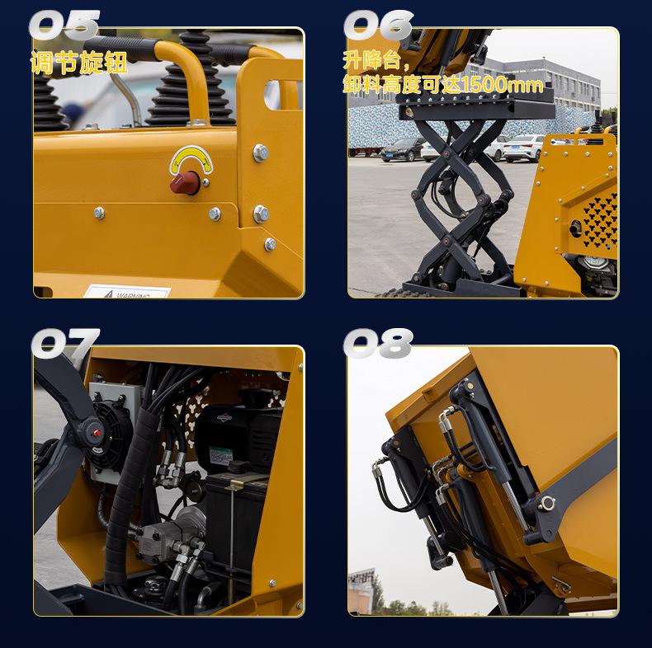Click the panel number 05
coord(64,25)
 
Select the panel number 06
coord(378,25)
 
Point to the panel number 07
coord(65,343)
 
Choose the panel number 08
coord(378,343)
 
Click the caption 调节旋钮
coord(78,63)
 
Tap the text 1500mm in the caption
coord(502,85)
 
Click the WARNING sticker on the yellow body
coord(128,292)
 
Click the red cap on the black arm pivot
coord(97,433)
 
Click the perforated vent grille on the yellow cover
coord(601,220)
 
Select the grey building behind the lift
coord(541,85)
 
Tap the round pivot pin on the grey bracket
coord(546,504)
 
